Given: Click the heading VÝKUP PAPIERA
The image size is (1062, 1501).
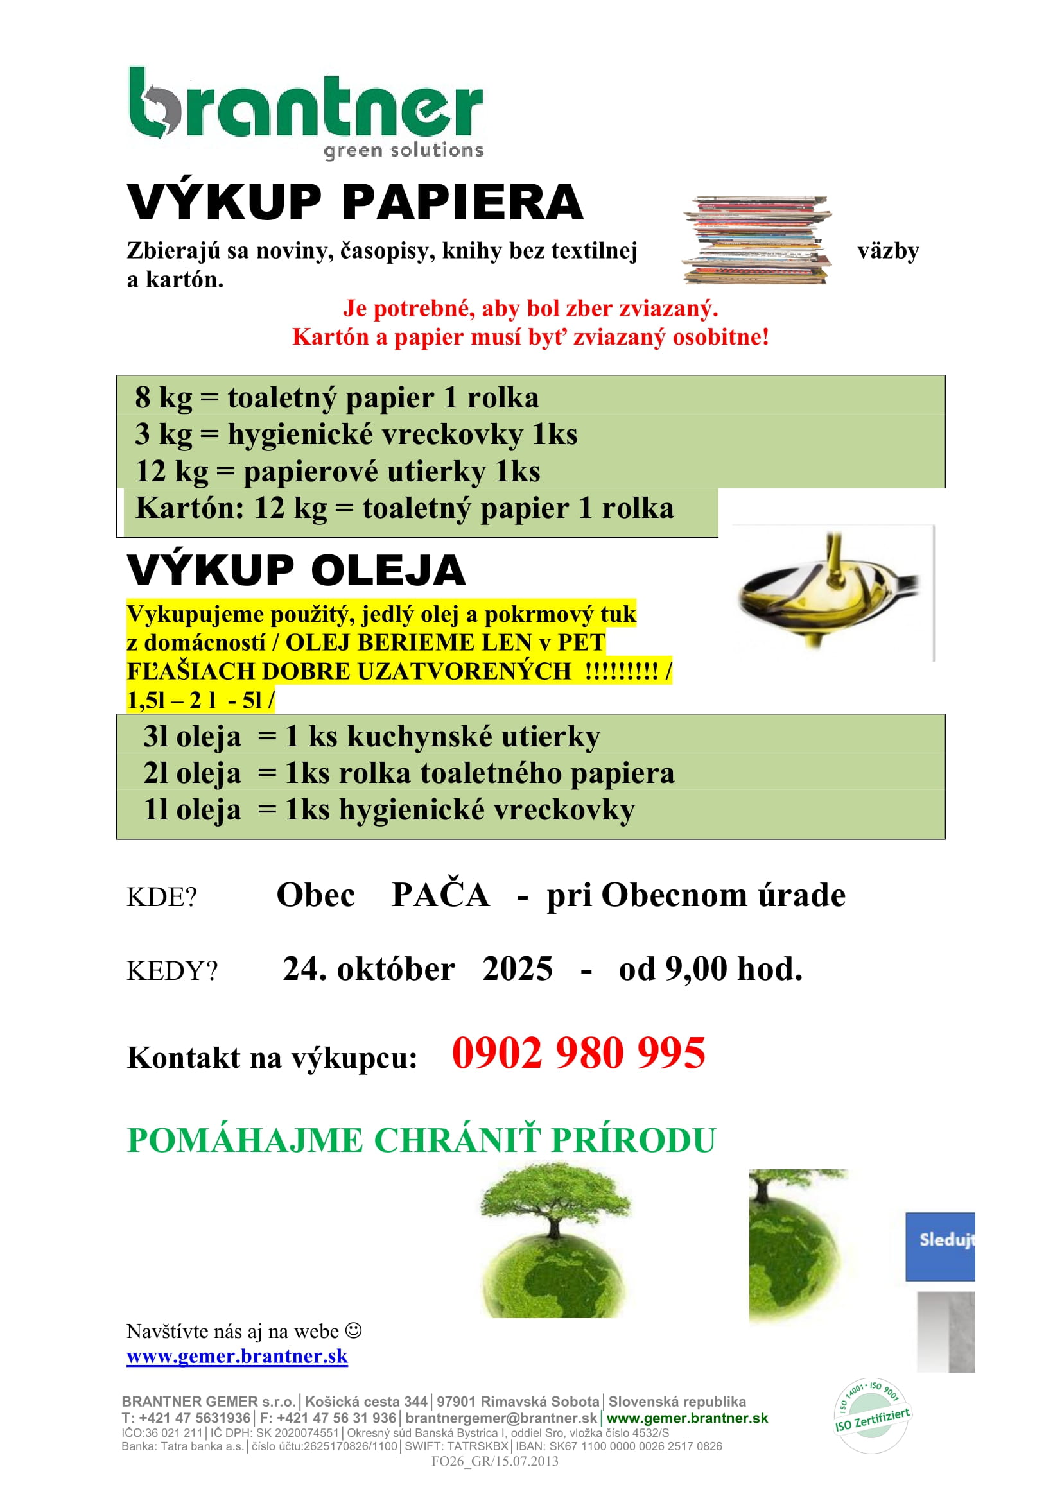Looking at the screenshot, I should pos(354,203).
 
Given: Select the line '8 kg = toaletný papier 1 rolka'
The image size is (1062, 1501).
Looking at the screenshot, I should pos(337,397).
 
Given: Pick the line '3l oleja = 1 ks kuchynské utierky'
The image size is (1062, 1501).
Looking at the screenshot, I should pos(371,737).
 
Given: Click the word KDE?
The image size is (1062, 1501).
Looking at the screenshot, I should pos(162,897).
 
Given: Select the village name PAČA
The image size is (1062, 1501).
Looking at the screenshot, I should pos(440,895).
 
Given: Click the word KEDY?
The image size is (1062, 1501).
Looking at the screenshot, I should pos(171,971).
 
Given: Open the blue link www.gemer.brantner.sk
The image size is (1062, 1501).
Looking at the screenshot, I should pos(237,1357).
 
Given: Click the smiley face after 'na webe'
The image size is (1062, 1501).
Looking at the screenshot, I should pos(353,1330).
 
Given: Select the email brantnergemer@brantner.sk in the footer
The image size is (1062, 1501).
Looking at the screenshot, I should pos(501,1418).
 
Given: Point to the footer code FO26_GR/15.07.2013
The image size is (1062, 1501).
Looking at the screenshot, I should pos(494,1461).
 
